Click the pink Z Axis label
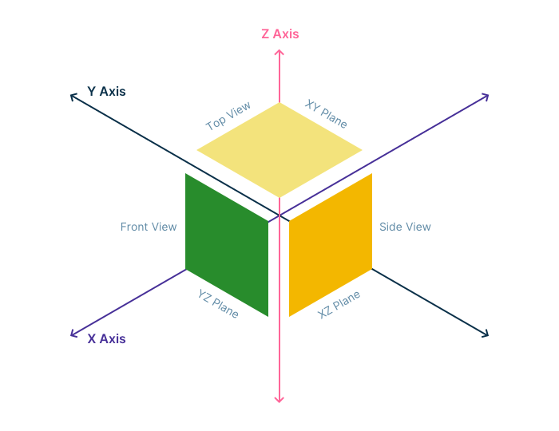tap(279, 34)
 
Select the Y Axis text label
tap(106, 92)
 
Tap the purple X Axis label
tap(106, 338)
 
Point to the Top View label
tap(228, 117)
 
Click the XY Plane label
tap(326, 114)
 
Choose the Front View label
tap(149, 227)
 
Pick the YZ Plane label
tap(218, 304)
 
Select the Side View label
tap(405, 227)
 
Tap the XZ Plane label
tap(339, 305)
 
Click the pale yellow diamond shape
tap(279, 150)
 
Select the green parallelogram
tap(227, 244)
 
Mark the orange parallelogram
tap(331, 244)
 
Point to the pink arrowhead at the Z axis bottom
tap(279, 400)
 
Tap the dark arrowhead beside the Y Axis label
tap(73, 96)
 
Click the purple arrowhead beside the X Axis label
tap(73, 334)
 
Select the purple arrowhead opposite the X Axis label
tap(486, 96)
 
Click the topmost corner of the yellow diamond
tap(279, 103)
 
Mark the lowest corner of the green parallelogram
tap(268, 316)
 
